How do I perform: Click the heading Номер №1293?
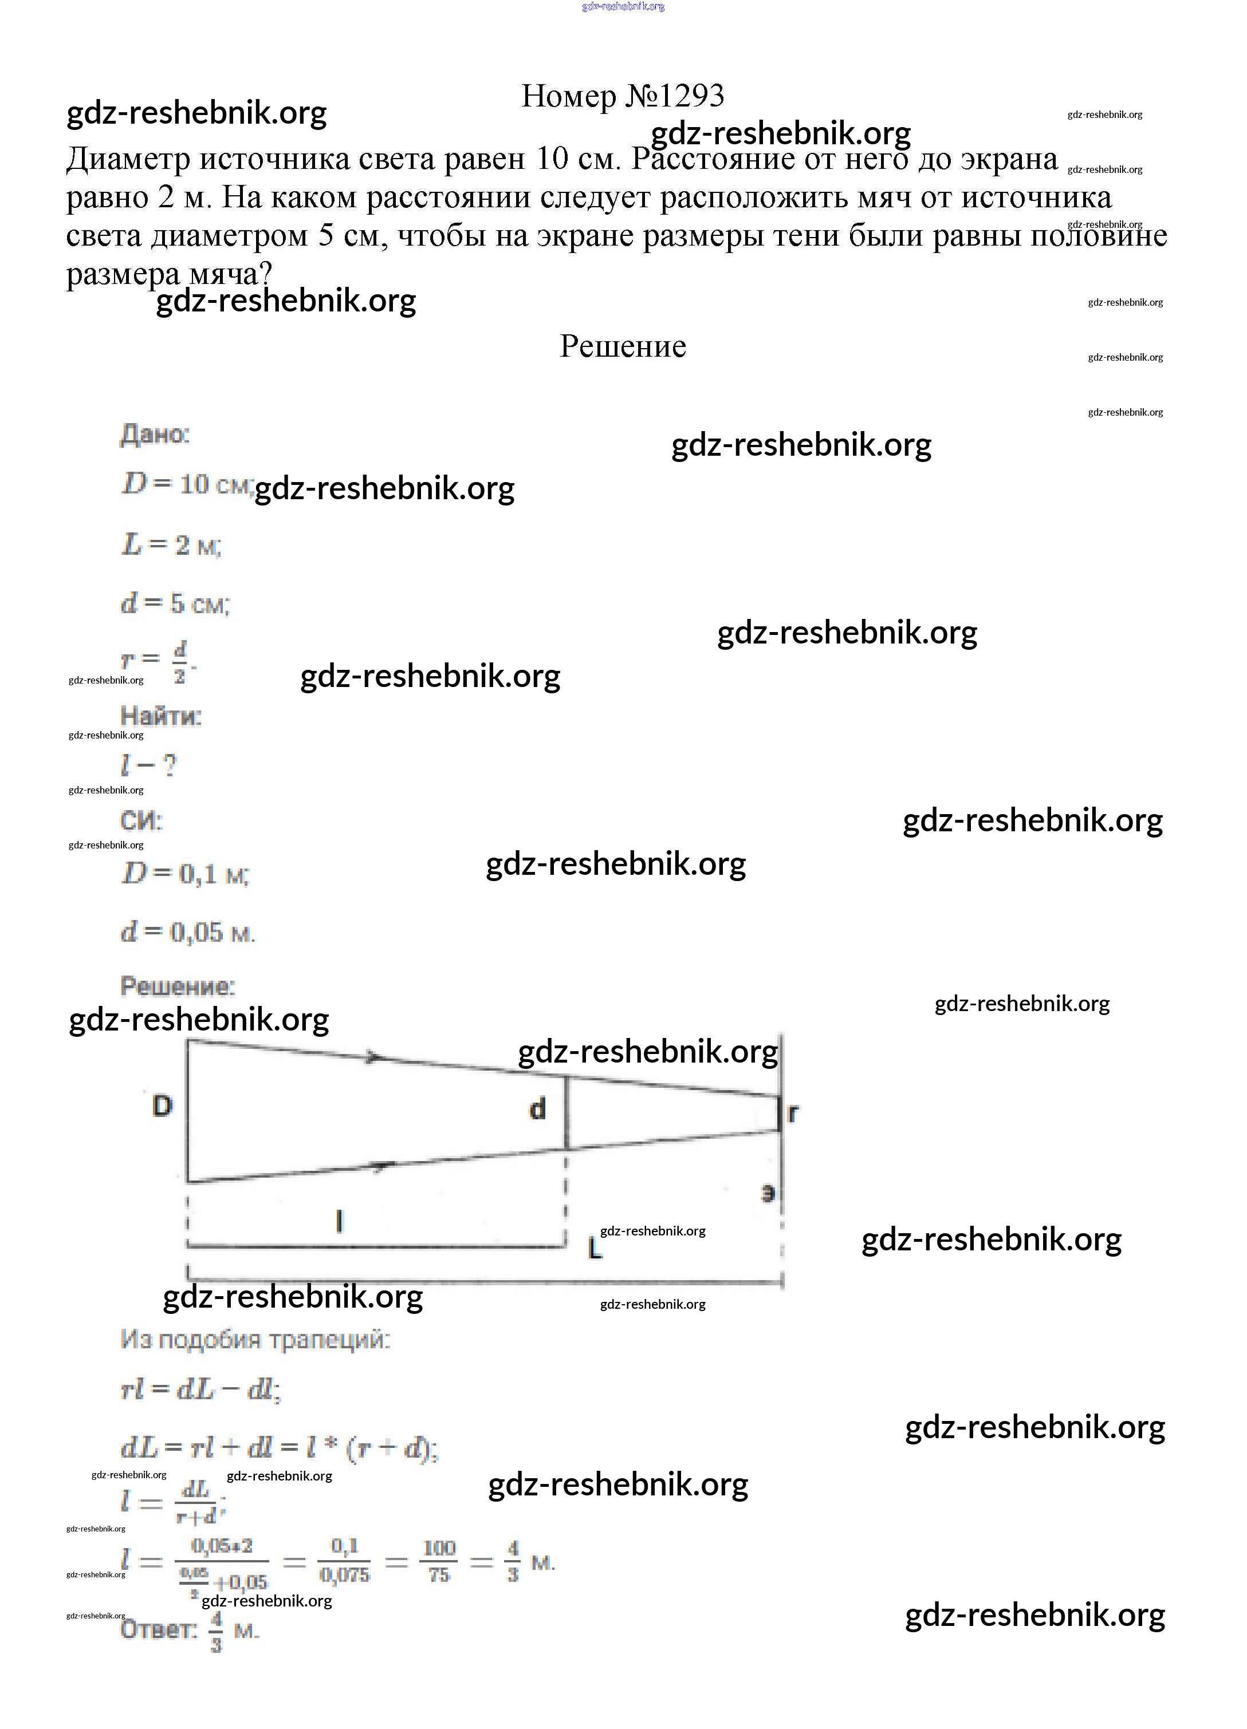point(623,96)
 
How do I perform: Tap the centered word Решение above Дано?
point(623,346)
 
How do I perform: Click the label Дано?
point(155,435)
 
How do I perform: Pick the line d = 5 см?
point(175,604)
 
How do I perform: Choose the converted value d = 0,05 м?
point(188,931)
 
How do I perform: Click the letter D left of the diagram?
point(163,1106)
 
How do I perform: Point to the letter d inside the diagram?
point(538,1108)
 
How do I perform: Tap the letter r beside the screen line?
point(793,1113)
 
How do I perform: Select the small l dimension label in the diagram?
point(340,1221)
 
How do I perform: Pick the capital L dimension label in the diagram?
point(595,1249)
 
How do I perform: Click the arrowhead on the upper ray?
point(373,1057)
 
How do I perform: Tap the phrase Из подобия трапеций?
point(255,1340)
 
